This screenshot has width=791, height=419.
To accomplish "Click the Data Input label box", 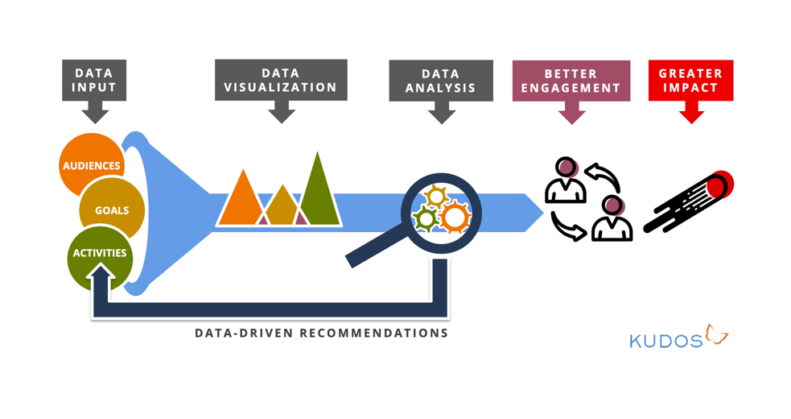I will click(x=95, y=80).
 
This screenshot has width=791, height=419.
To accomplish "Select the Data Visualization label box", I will click(x=281, y=80).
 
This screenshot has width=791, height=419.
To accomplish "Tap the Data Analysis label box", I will click(x=441, y=80).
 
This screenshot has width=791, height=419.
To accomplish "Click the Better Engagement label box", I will click(x=571, y=80).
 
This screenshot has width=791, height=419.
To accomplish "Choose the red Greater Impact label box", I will click(x=690, y=80).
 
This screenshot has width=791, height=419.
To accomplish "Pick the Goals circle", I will click(x=111, y=209).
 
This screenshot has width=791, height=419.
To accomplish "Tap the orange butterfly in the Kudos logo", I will click(x=716, y=334).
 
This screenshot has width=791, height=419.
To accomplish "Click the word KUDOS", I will click(x=665, y=340).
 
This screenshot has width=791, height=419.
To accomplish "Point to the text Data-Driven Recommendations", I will click(x=321, y=332).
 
